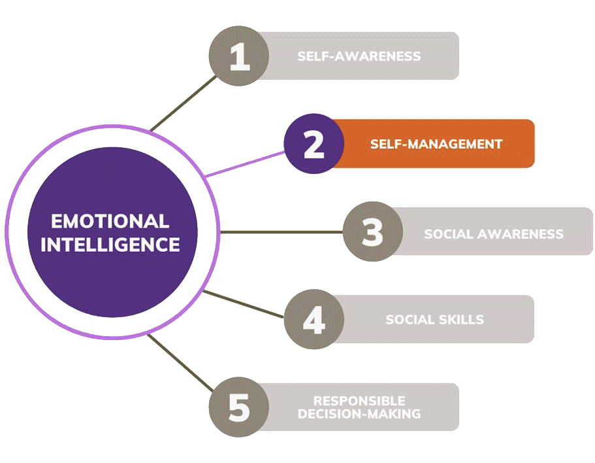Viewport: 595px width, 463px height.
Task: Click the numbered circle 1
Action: click(240, 56)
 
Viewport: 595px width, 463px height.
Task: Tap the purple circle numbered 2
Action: click(314, 144)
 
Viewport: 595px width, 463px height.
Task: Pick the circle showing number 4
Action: click(314, 320)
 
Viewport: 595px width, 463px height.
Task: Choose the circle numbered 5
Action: click(240, 407)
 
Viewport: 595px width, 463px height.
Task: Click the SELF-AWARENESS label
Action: click(359, 56)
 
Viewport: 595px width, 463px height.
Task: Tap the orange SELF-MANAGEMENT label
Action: click(436, 144)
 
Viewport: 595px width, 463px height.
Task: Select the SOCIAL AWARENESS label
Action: click(494, 233)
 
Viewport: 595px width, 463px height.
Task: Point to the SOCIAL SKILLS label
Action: click(434, 320)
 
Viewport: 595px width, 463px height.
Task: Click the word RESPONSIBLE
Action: click(359, 400)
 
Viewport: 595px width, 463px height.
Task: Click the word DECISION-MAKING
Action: click(359, 414)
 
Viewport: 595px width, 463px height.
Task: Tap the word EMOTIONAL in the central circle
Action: click(110, 220)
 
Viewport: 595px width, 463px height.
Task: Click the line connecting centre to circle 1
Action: click(182, 102)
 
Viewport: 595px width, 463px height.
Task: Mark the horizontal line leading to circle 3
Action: click(281, 232)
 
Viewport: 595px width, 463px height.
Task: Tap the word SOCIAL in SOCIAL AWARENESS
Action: click(447, 233)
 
